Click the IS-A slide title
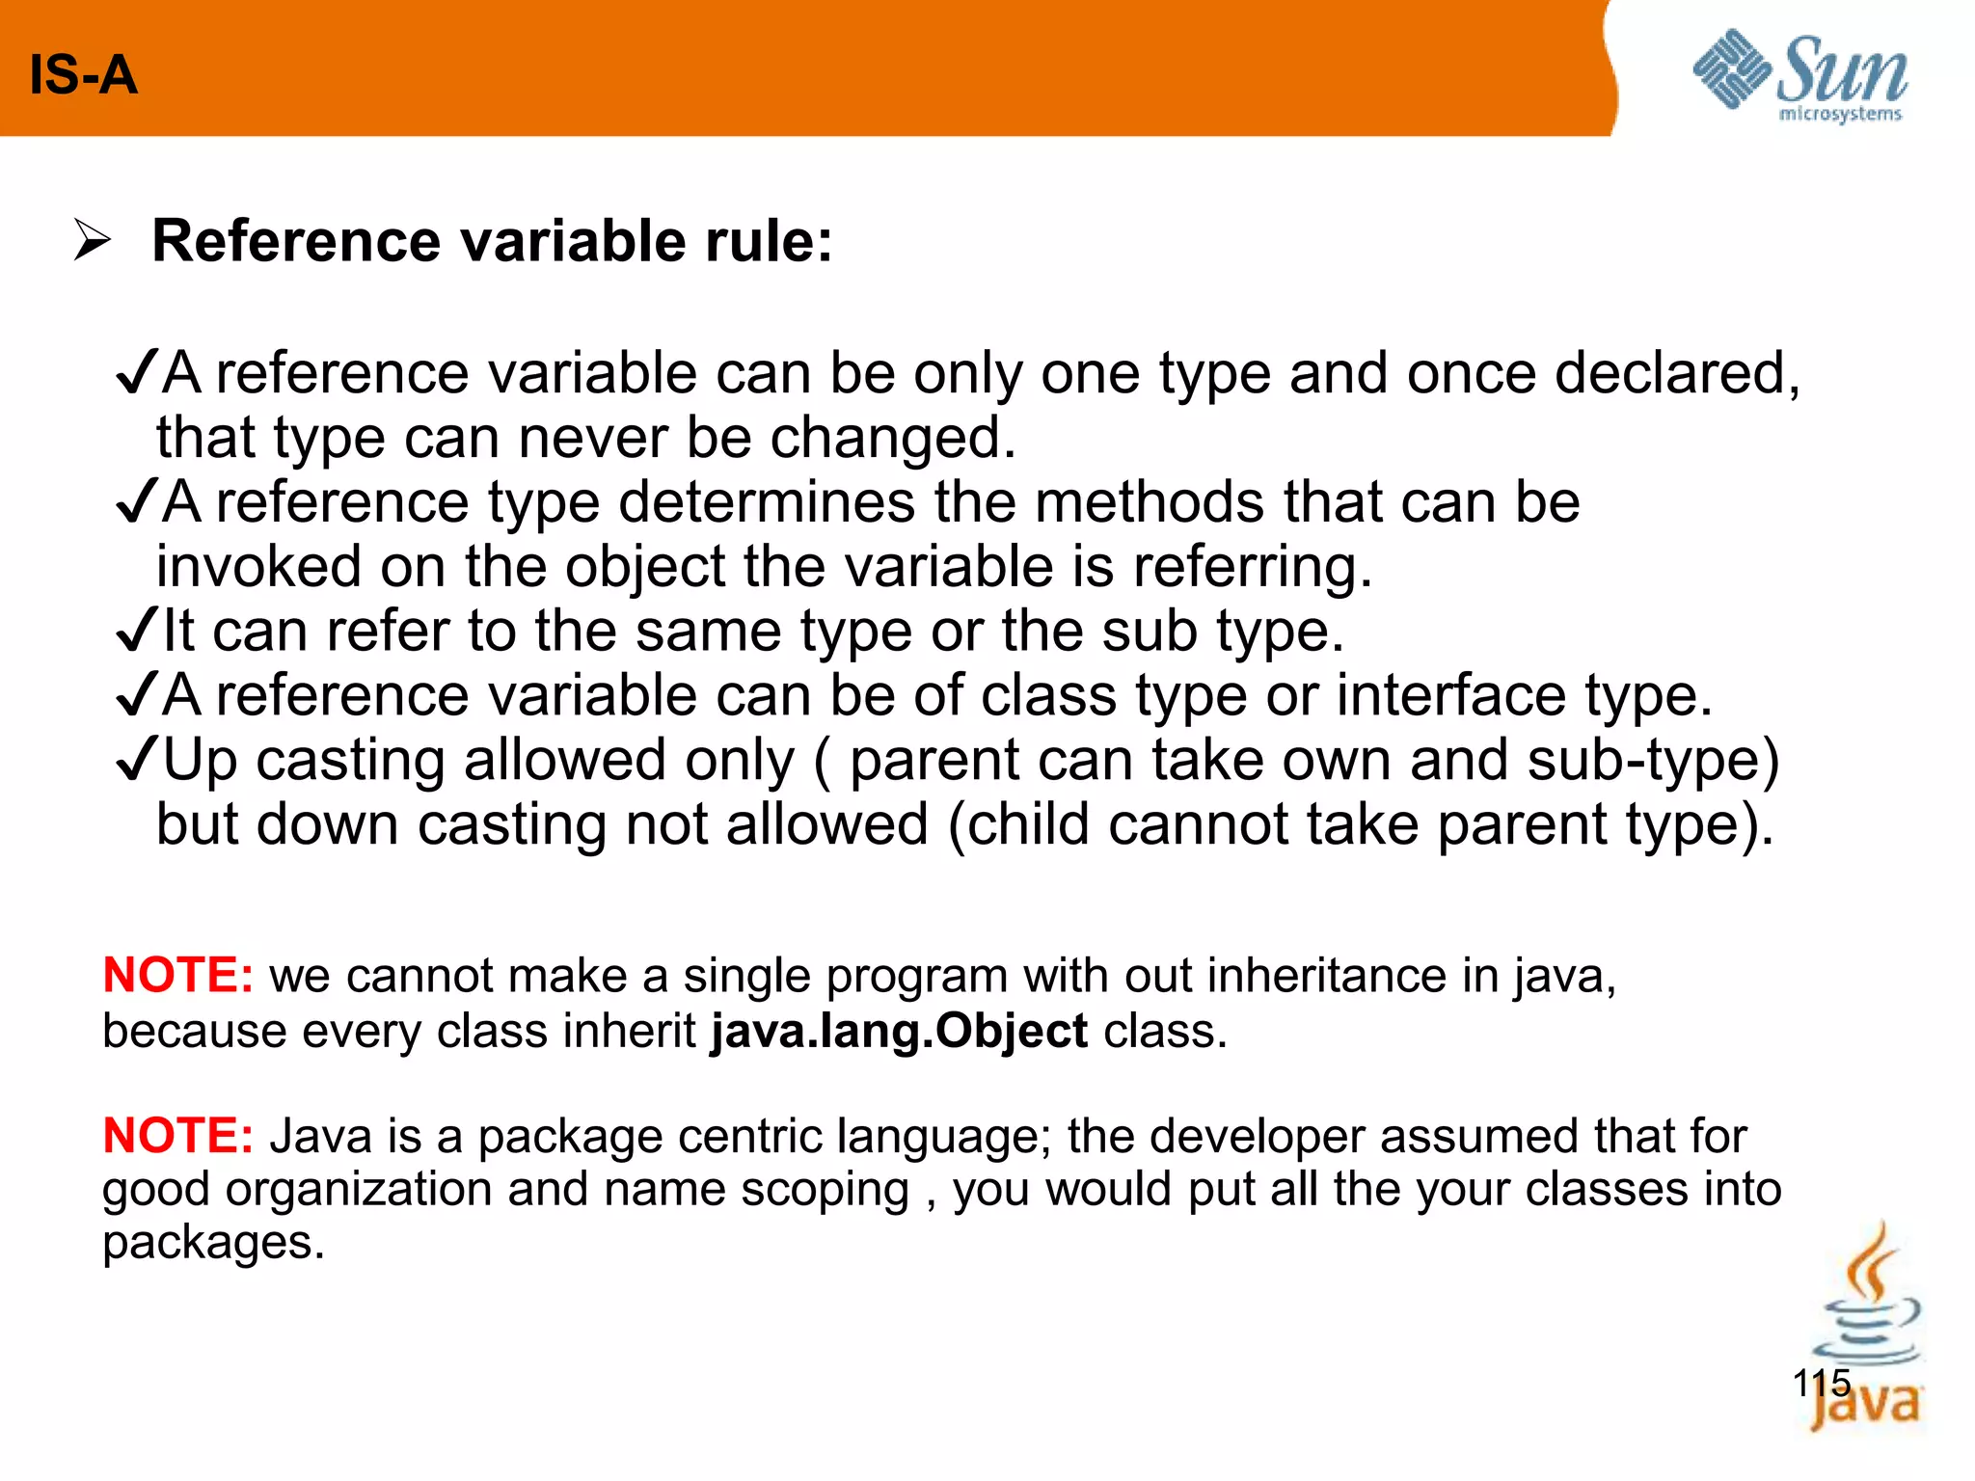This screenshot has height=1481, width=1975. tap(83, 75)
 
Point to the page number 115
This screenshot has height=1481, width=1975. tap(1822, 1384)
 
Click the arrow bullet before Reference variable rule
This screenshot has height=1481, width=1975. tap(93, 240)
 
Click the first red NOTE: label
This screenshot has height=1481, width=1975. tap(178, 975)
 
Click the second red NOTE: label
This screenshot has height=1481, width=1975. tap(178, 1135)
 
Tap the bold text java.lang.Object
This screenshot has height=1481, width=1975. tap(899, 1031)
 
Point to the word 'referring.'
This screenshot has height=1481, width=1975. tap(1252, 567)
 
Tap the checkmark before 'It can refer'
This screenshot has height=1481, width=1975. tap(136, 631)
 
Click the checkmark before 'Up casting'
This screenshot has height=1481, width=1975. tap(136, 760)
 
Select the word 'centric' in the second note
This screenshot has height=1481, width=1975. tap(748, 1136)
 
